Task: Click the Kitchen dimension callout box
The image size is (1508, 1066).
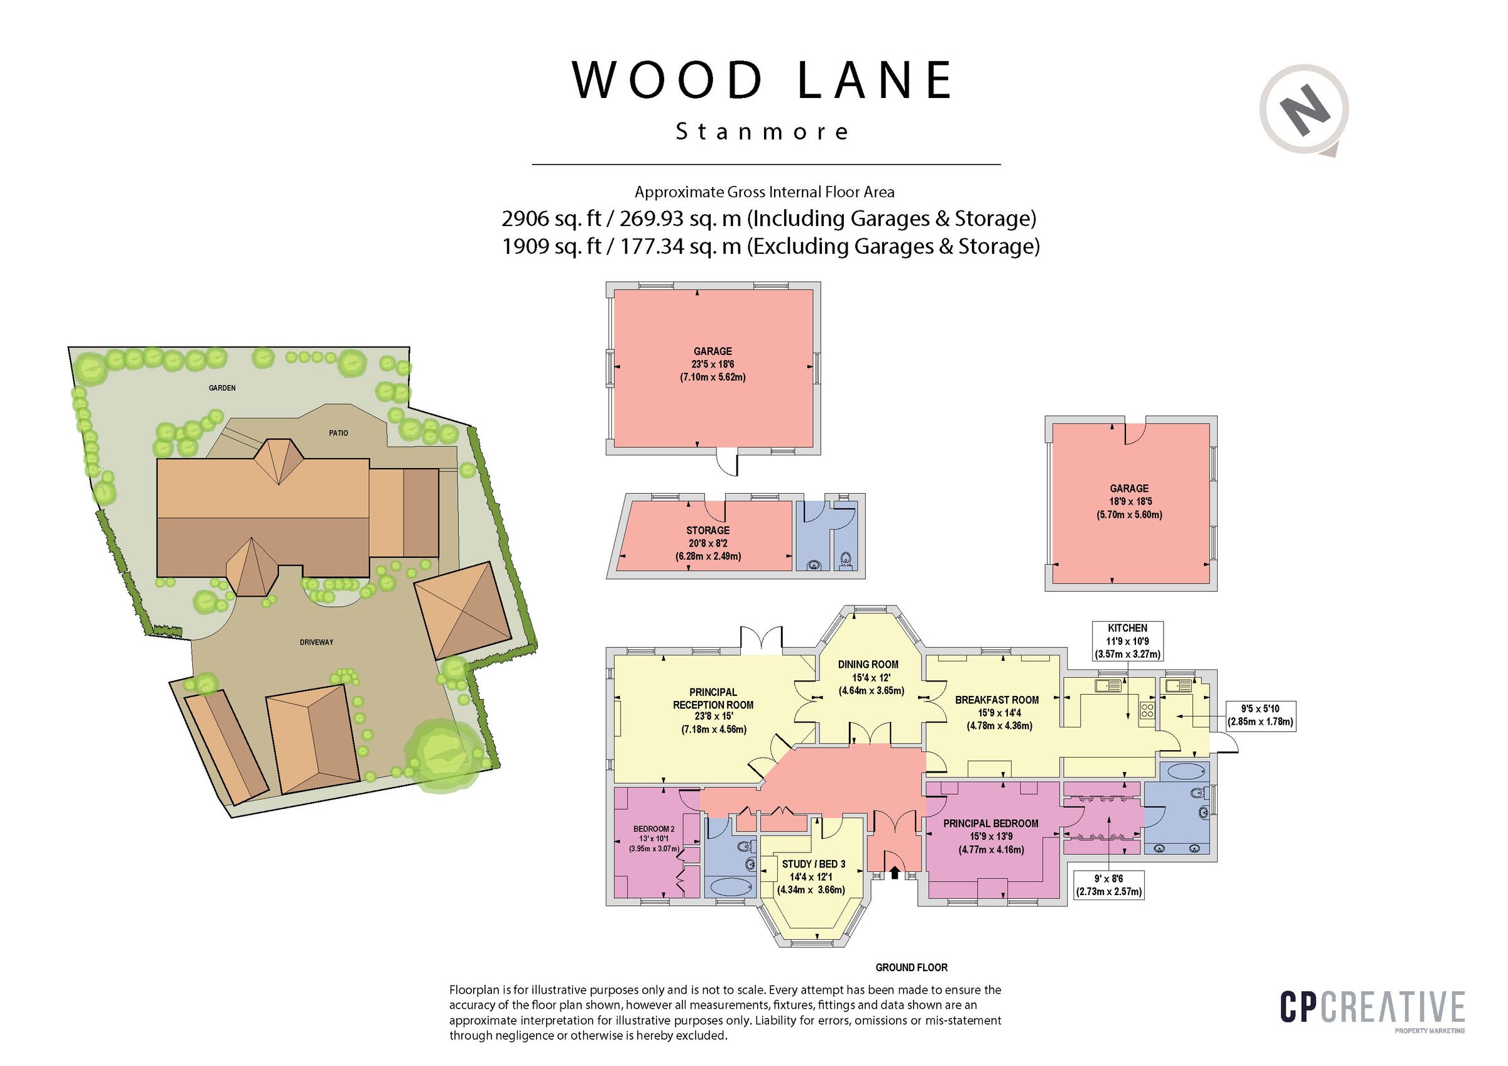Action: [x=1127, y=641]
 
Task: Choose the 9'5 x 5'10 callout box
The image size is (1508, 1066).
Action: [x=1260, y=715]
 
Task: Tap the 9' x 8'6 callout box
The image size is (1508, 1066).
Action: [x=1108, y=884]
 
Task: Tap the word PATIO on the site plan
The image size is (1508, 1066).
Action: [x=338, y=433]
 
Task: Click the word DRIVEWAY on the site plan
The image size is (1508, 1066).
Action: [x=317, y=642]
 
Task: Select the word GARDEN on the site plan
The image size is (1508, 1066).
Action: [x=222, y=388]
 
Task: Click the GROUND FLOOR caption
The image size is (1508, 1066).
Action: [x=911, y=967]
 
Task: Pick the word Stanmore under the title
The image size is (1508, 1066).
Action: [x=762, y=132]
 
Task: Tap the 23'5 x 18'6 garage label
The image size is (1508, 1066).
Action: [x=713, y=364]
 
